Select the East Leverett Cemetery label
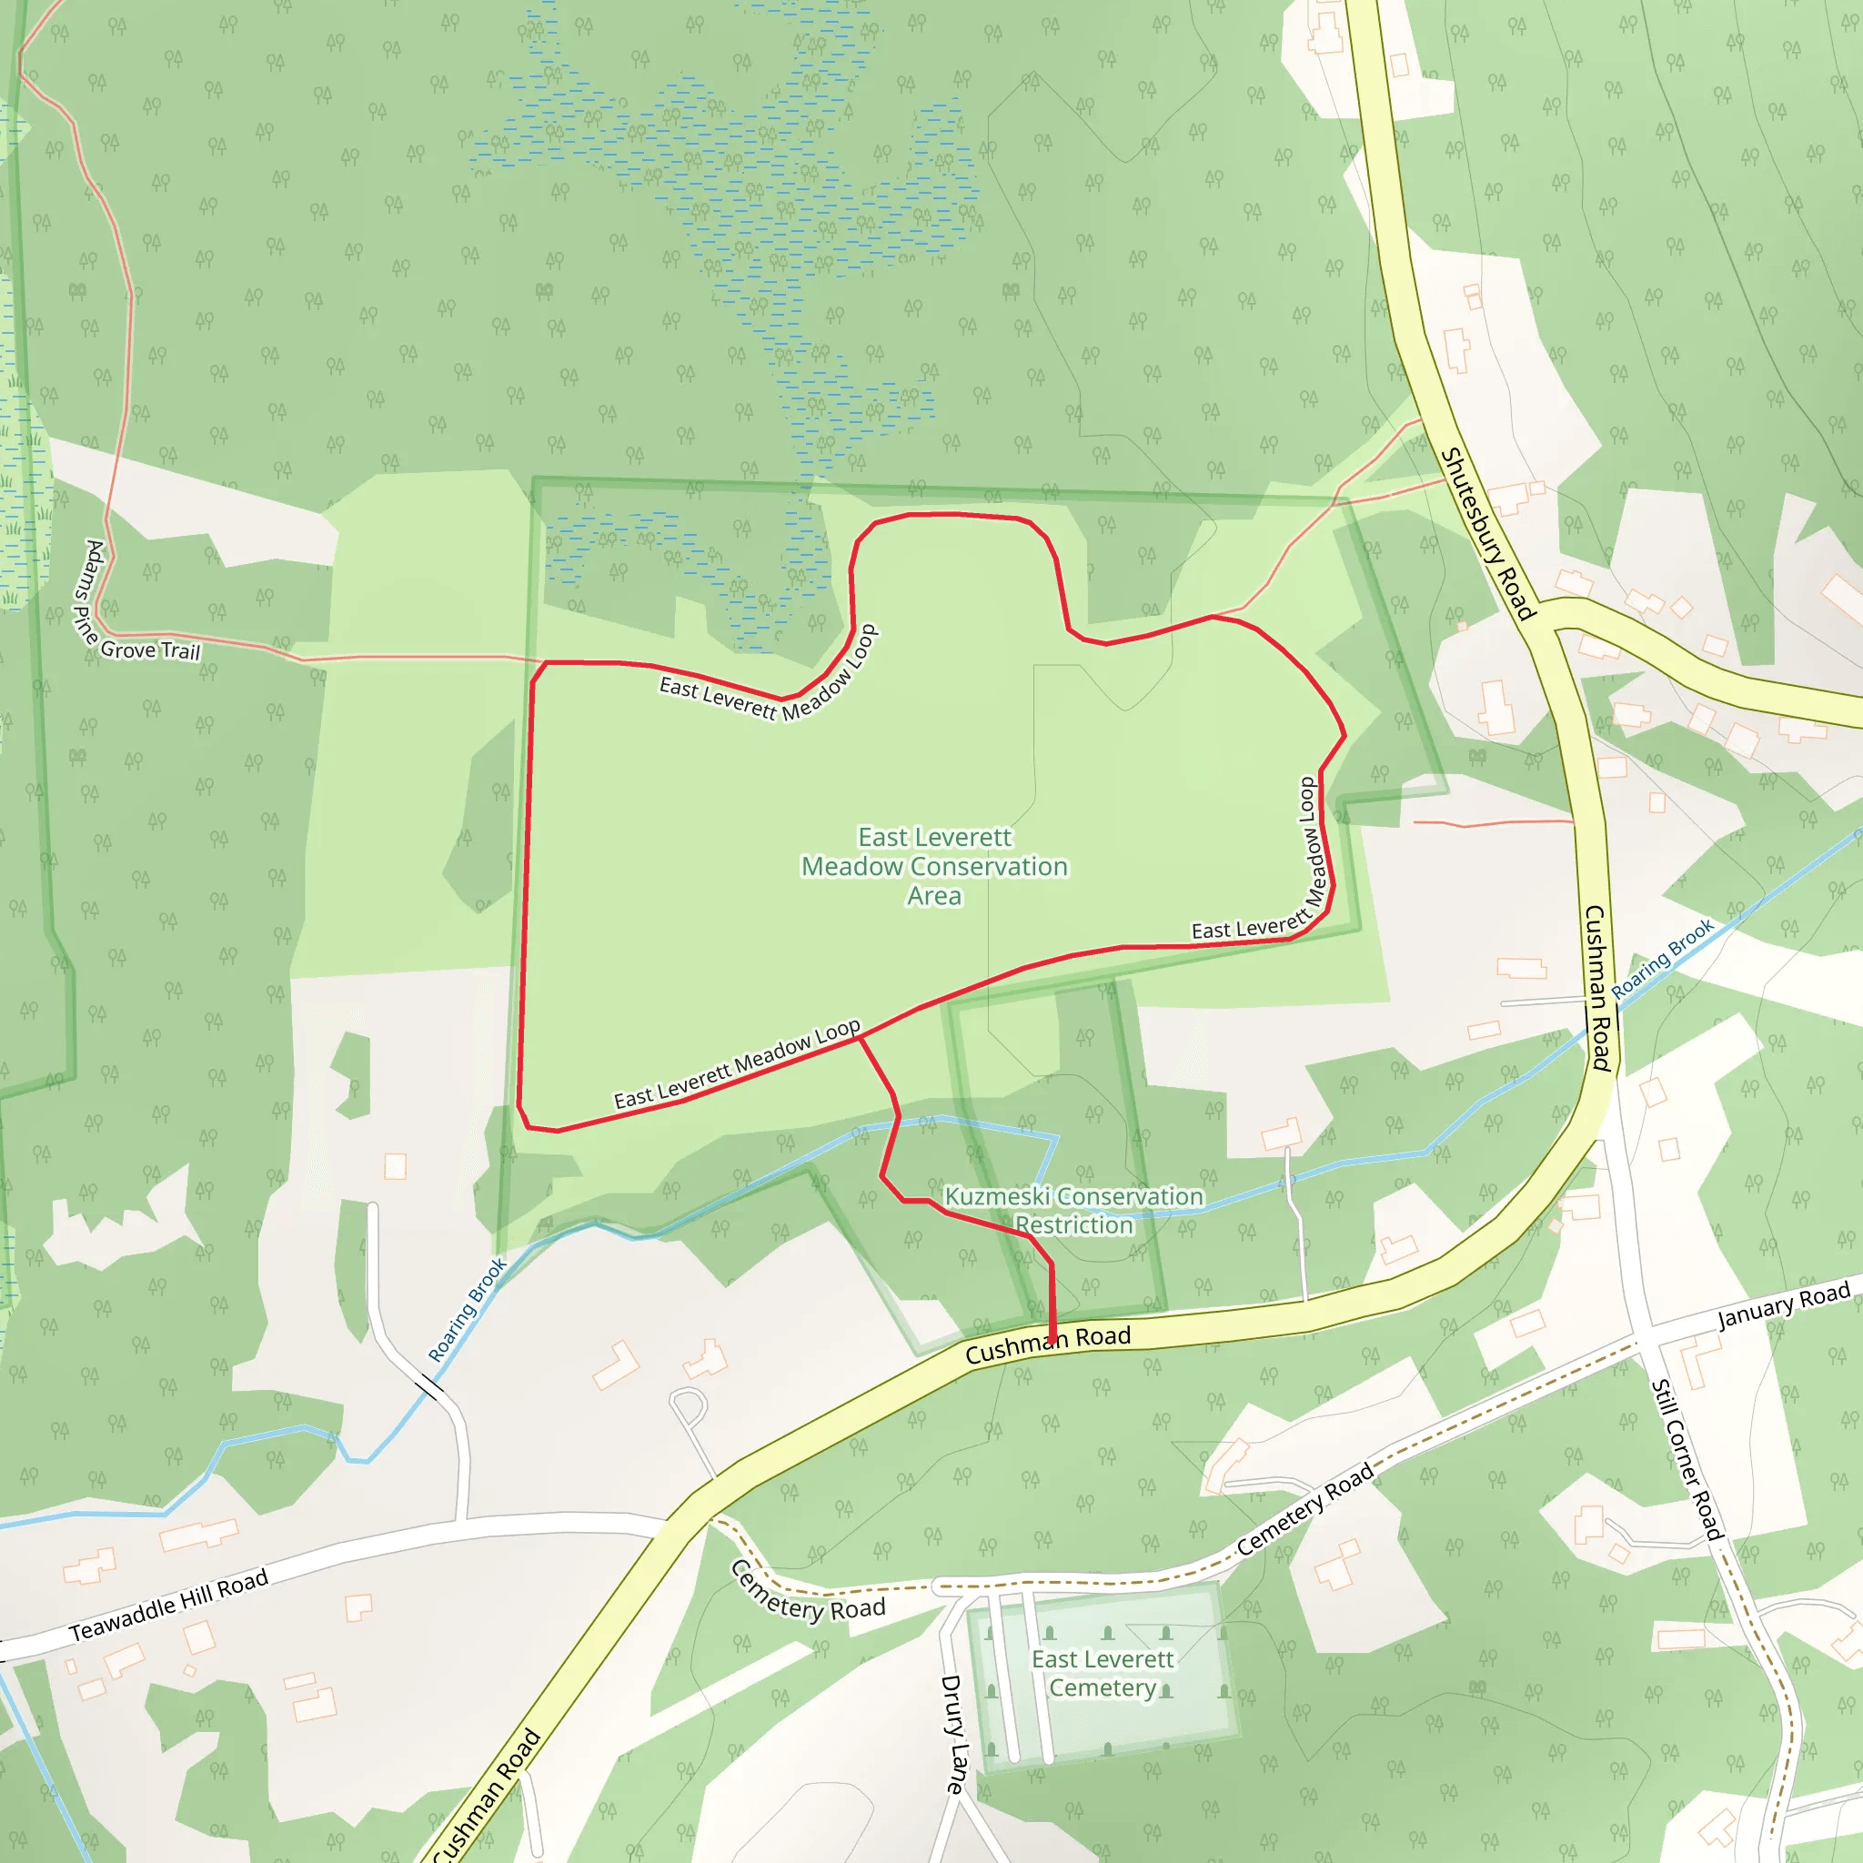click(1103, 1673)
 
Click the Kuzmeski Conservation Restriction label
click(1074, 1210)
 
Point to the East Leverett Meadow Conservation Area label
click(934, 866)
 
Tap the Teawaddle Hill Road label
click(169, 1606)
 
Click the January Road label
click(1784, 1304)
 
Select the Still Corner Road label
click(1687, 1459)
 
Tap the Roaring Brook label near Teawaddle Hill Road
click(468, 1310)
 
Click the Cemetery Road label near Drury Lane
click(807, 1593)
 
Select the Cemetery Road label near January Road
click(1304, 1510)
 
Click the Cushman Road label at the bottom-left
click(487, 1796)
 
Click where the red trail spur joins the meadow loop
click(859, 1039)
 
